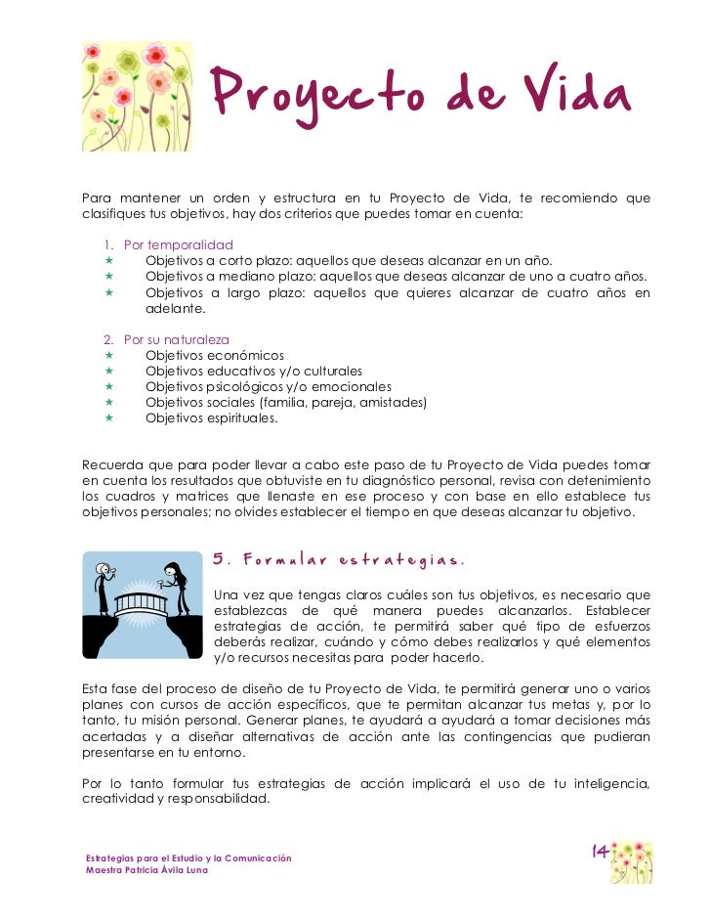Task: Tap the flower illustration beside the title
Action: [x=137, y=96]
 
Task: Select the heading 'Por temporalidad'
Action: [x=178, y=244]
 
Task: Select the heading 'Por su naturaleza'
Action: [x=177, y=339]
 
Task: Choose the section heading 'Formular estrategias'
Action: [x=338, y=560]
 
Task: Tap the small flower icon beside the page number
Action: [x=632, y=861]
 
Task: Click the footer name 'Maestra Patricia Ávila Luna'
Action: [x=146, y=870]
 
